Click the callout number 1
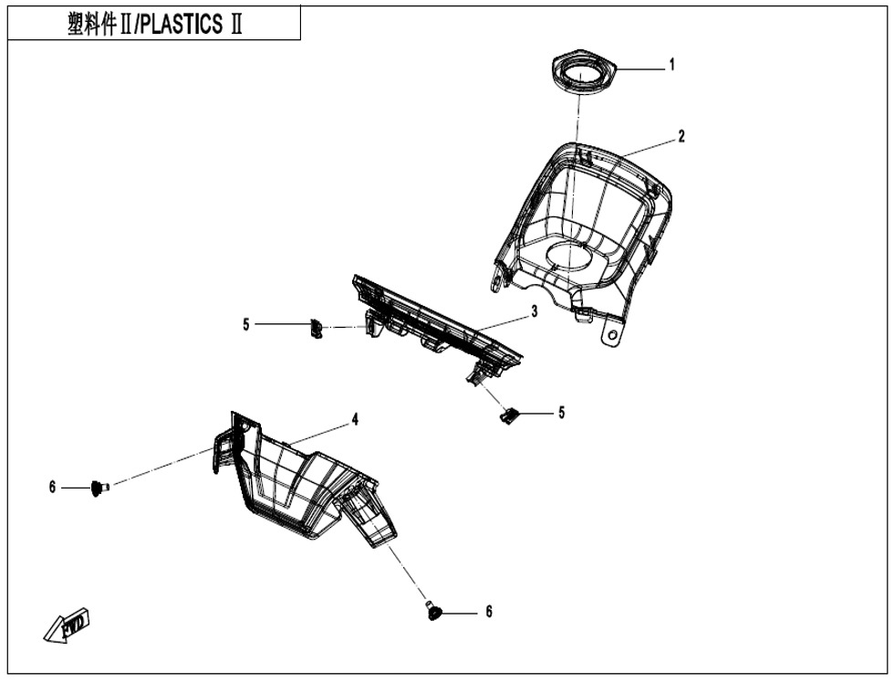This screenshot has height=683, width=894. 672,65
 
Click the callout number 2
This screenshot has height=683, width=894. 681,137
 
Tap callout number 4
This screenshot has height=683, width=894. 355,420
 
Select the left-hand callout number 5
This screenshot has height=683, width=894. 245,324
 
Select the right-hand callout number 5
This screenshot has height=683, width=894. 562,413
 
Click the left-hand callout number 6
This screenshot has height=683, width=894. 52,489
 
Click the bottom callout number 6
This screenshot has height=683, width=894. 489,612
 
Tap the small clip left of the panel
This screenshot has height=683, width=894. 317,328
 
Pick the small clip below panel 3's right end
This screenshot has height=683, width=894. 509,415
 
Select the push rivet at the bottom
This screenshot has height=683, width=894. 435,611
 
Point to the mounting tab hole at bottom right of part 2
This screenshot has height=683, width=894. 609,336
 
